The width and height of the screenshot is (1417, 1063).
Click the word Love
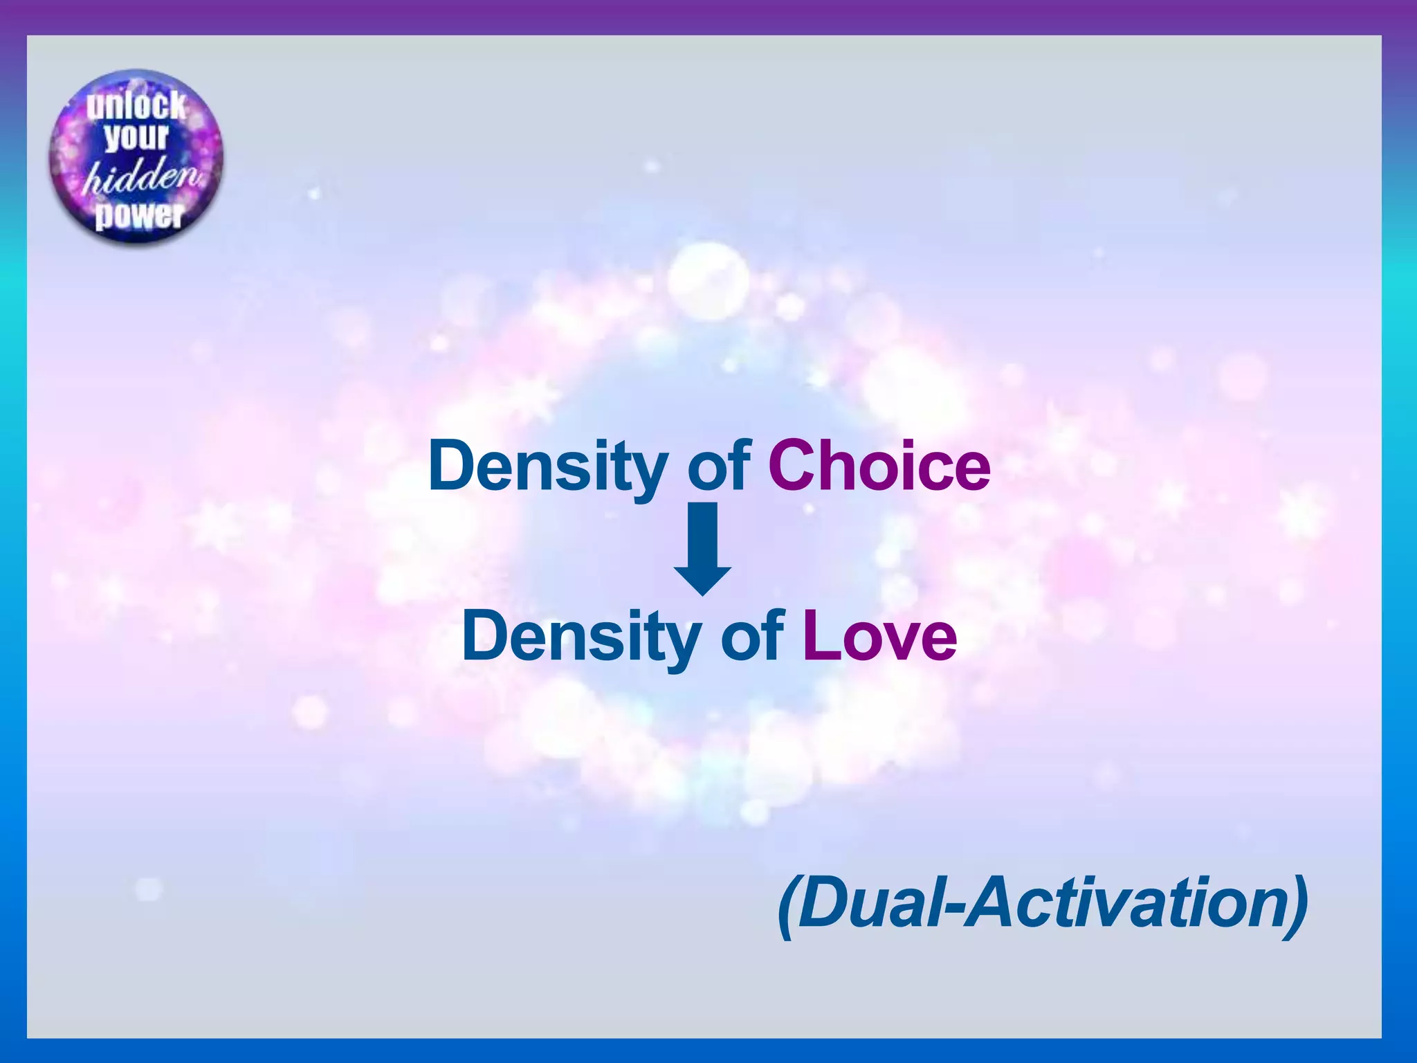click(x=879, y=636)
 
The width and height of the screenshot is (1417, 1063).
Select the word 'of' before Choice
click(x=718, y=466)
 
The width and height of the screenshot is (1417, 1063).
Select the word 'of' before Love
click(x=751, y=636)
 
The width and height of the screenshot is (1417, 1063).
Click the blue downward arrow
click(x=702, y=547)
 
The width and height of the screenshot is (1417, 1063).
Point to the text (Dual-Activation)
click(x=1043, y=903)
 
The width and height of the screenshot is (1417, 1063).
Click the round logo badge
click(x=136, y=157)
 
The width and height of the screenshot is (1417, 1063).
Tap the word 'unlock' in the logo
click(x=136, y=105)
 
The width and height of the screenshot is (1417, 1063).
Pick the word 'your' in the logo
click(x=136, y=137)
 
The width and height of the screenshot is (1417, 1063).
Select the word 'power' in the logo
click(x=139, y=215)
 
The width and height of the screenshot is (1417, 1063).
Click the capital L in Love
click(x=820, y=635)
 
